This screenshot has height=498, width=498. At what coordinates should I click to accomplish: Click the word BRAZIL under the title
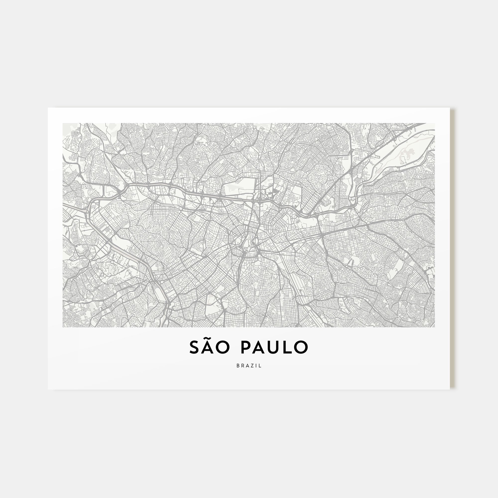pos(249,366)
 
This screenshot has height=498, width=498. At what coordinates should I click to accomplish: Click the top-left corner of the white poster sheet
pos(48,108)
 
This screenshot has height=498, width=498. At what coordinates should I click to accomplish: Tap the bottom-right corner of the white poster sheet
pos(449,389)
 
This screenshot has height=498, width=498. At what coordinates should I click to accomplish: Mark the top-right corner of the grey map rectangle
pos(435,124)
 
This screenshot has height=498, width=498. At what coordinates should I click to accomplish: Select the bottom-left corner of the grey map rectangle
pos(63,327)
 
